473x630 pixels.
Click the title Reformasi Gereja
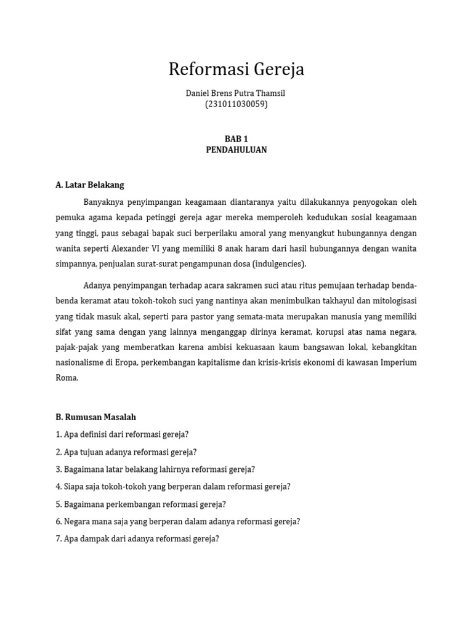click(x=236, y=70)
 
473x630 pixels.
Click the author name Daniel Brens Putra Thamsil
click(x=236, y=93)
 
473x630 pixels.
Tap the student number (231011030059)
click(x=236, y=104)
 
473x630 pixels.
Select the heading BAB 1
click(x=236, y=139)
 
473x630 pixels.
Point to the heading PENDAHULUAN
click(x=236, y=150)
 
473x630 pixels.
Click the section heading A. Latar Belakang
click(x=90, y=185)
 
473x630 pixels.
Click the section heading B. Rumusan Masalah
click(x=95, y=417)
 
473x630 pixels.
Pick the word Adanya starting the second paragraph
click(x=97, y=285)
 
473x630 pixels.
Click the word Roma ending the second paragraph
click(x=67, y=378)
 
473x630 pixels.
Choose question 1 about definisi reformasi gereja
click(x=122, y=434)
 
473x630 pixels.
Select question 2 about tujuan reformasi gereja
click(x=126, y=452)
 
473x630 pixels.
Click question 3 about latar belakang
click(x=155, y=469)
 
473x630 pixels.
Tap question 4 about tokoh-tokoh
click(x=173, y=487)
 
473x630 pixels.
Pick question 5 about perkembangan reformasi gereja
click(x=141, y=504)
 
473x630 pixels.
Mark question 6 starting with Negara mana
click(x=178, y=521)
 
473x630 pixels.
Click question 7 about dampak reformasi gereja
click(x=137, y=539)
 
